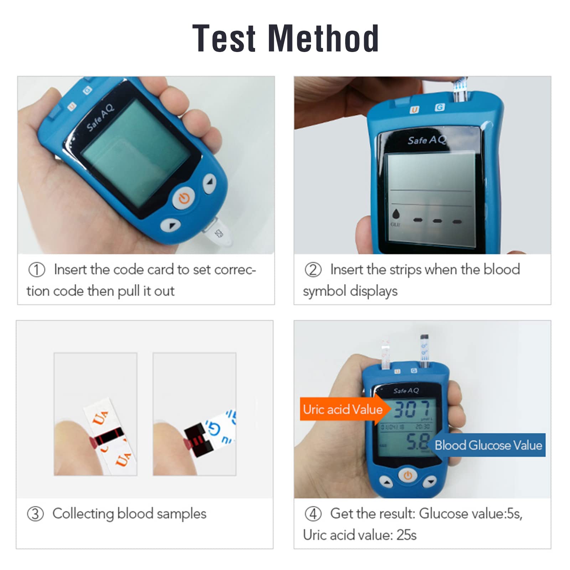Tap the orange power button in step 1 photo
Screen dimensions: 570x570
point(184,198)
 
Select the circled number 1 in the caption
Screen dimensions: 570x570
point(37,270)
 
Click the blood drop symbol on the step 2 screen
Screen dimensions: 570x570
point(396,214)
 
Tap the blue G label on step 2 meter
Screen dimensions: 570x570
point(440,107)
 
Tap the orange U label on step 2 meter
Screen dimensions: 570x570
point(414,110)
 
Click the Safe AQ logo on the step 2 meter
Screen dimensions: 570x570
point(426,140)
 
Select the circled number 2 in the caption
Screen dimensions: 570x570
point(313,270)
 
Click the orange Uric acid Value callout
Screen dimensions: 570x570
point(342,409)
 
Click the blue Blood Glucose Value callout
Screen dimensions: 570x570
point(488,445)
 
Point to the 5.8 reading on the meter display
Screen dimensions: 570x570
point(417,442)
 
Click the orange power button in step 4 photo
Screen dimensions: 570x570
point(408,475)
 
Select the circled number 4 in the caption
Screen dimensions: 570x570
point(313,514)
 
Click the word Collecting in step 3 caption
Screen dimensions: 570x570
point(83,514)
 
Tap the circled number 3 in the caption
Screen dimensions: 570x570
point(35,514)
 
